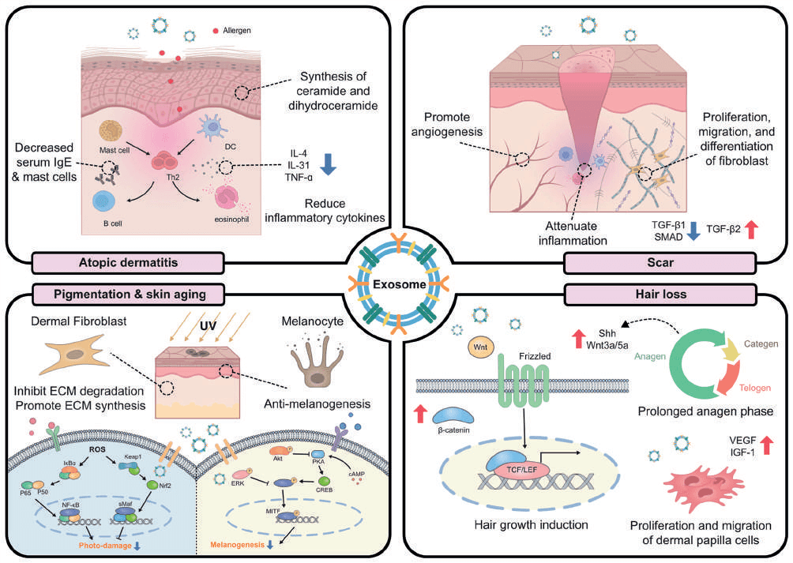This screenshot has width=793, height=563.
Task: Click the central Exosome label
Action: (x=396, y=282)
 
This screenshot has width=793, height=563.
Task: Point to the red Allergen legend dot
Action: (x=216, y=32)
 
